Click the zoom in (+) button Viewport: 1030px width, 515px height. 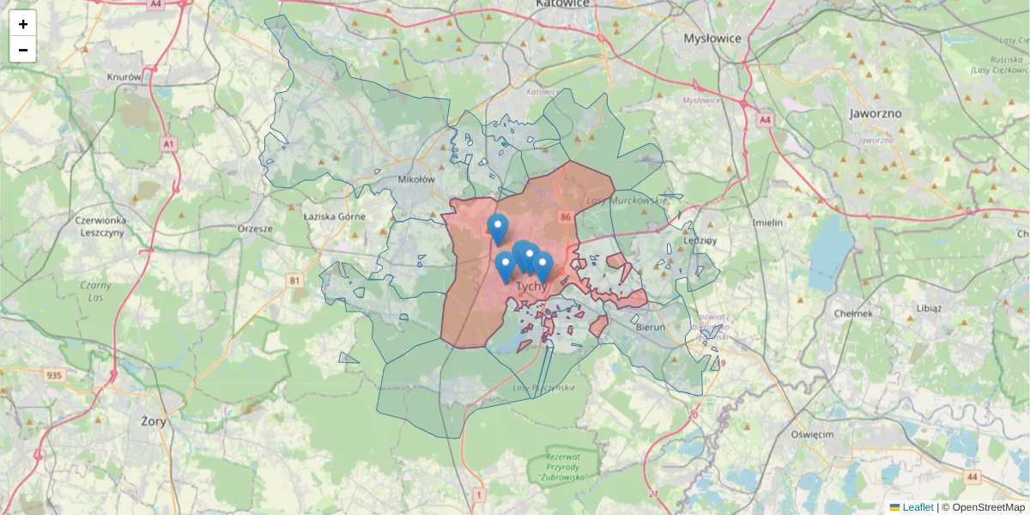pos(23,24)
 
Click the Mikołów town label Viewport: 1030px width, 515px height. pos(417,180)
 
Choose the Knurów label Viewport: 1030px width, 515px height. pos(124,76)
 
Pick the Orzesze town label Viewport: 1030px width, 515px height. pos(255,228)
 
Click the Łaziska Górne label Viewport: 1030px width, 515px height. pos(334,216)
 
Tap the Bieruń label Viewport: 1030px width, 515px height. pos(650,326)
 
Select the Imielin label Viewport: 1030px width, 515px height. pos(767,222)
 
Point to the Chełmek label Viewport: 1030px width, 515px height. pos(853,313)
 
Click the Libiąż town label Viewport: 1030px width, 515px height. pos(929,307)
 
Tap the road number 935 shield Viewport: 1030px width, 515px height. pos(55,375)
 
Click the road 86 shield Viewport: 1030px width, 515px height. pos(564,217)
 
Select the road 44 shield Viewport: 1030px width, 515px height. pos(972,476)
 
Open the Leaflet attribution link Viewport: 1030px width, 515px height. pos(918,507)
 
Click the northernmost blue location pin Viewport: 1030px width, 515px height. pos(497,227)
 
